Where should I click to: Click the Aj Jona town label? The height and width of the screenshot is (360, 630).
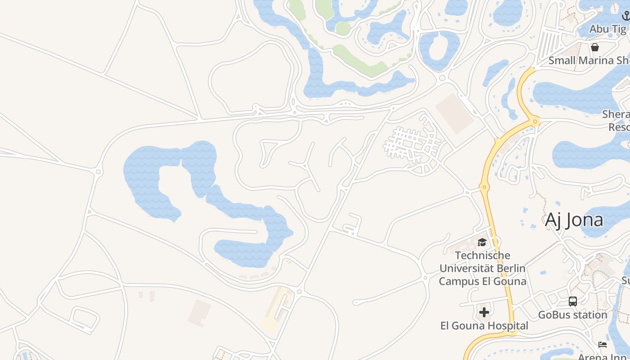tap(574, 220)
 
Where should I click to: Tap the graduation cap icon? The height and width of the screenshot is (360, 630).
tap(482, 243)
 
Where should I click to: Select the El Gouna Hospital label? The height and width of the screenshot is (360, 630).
tap(484, 325)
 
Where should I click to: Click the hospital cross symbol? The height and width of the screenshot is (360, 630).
tap(484, 312)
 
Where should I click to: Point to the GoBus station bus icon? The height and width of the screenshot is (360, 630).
tap(572, 301)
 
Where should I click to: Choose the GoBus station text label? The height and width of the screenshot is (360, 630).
tap(572, 315)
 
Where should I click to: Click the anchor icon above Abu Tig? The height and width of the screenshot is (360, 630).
tap(625, 16)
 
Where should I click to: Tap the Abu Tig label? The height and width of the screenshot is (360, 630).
tap(607, 29)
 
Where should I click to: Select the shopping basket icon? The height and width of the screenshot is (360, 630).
tap(595, 47)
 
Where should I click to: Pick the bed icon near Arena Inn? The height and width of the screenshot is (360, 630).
tap(603, 345)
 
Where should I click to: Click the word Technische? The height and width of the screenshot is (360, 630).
tap(482, 256)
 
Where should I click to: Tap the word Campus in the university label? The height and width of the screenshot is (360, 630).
tap(457, 281)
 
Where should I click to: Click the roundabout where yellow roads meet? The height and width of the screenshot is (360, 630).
tap(535, 121)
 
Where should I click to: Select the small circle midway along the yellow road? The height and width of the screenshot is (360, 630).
tap(484, 187)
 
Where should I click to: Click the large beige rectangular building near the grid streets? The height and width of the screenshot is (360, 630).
tap(454, 113)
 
